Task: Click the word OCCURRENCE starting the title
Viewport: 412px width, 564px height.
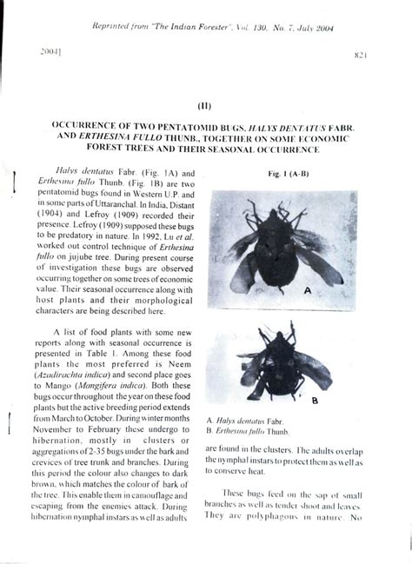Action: point(94,125)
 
